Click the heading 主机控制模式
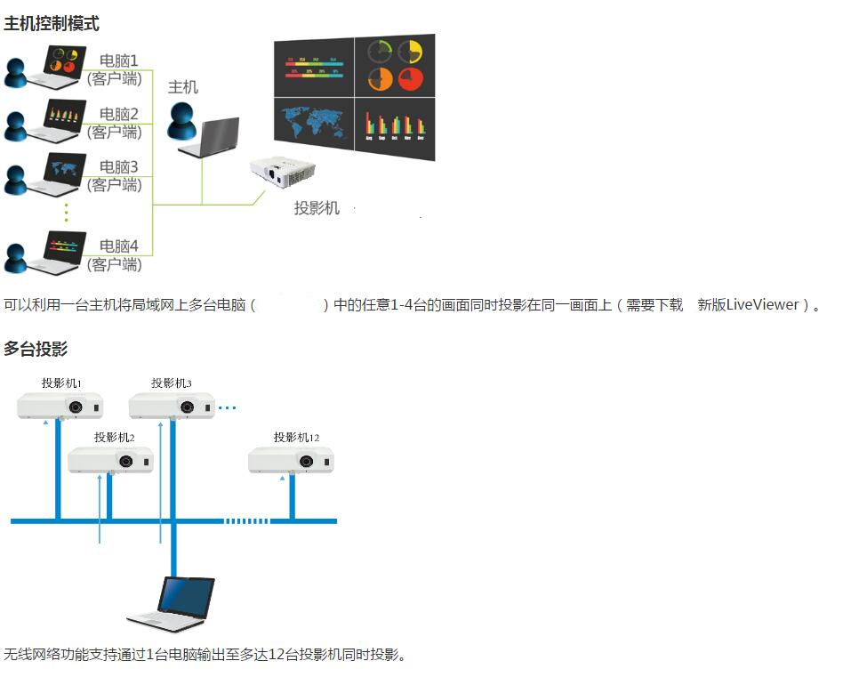pos(52,23)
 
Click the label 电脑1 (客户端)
pos(115,69)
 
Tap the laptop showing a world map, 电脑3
pos(56,173)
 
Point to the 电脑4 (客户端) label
pos(115,255)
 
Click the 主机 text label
pos(183,86)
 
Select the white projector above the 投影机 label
pos(283,172)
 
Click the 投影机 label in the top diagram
pos(317,208)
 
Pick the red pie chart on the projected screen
pos(410,79)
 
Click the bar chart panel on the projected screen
pos(395,126)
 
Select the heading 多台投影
pos(36,349)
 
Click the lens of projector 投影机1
pos(76,407)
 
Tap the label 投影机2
pos(114,437)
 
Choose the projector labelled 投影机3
pos(172,406)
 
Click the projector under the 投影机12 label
pos(291,460)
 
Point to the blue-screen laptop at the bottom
pos(171,604)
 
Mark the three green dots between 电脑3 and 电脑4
pos(67,213)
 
